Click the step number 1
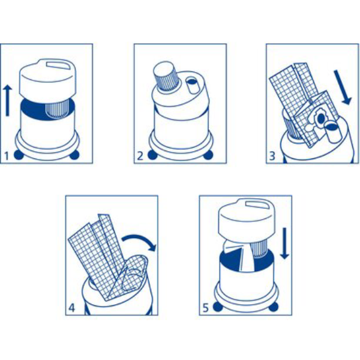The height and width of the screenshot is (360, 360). [7, 156]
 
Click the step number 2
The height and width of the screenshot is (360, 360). [140, 156]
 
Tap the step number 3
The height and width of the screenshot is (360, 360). [272, 156]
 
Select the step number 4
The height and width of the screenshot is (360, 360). [71, 308]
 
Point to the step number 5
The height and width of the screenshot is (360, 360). [205, 308]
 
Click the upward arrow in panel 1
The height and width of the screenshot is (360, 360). [8, 100]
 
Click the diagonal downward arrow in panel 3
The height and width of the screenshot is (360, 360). [343, 87]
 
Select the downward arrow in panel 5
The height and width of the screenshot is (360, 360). [284, 244]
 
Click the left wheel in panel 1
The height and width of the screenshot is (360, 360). [19, 155]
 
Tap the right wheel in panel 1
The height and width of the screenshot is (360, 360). [74, 155]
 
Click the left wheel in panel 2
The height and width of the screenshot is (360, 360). [152, 155]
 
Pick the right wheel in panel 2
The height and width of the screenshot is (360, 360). [208, 155]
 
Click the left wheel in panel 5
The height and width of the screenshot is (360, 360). [218, 307]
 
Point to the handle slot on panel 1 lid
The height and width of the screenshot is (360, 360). [58, 65]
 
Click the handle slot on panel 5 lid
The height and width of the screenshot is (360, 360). [257, 205]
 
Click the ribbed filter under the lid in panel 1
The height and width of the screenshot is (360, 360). [56, 110]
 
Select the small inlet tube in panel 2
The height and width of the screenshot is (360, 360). [192, 85]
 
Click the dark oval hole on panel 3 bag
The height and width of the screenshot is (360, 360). [321, 118]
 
